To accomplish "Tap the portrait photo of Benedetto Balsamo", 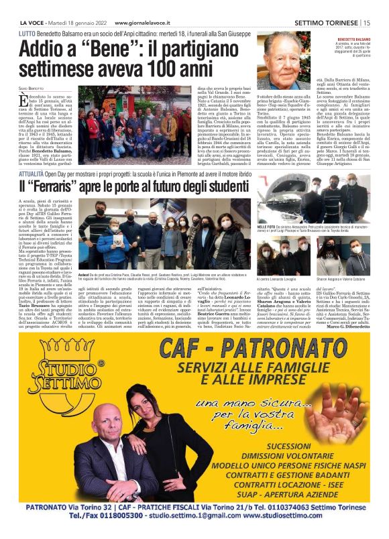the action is tap(285, 62).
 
